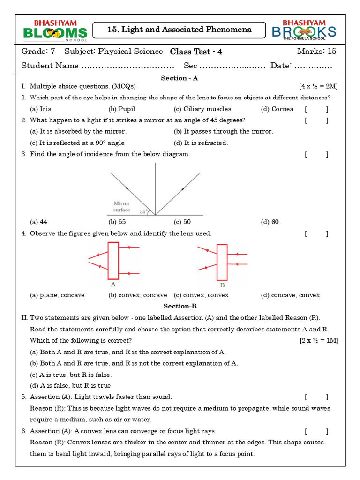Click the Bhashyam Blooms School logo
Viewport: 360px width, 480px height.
[x=55, y=30]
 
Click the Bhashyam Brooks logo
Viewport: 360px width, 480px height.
[x=304, y=30]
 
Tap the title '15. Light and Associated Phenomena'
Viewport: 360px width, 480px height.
[x=180, y=30]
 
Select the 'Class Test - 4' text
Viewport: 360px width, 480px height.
[x=196, y=52]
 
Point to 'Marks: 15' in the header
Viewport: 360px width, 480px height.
[x=316, y=52]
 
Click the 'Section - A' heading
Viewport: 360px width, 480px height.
[x=180, y=78]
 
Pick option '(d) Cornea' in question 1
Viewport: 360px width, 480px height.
[x=277, y=109]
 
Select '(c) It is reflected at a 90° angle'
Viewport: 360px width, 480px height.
[x=77, y=143]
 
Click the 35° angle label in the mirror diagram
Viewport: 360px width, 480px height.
[x=144, y=211]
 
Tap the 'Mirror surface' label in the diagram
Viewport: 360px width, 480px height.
[x=122, y=207]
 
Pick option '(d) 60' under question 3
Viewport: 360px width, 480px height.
[x=270, y=222]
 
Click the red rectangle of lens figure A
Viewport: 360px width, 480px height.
[x=113, y=261]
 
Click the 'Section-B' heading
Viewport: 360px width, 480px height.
[x=180, y=306]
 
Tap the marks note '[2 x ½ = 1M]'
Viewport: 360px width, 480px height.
[x=319, y=340]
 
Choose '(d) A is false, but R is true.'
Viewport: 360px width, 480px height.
[x=71, y=386]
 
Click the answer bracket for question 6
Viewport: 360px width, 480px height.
[x=316, y=431]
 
